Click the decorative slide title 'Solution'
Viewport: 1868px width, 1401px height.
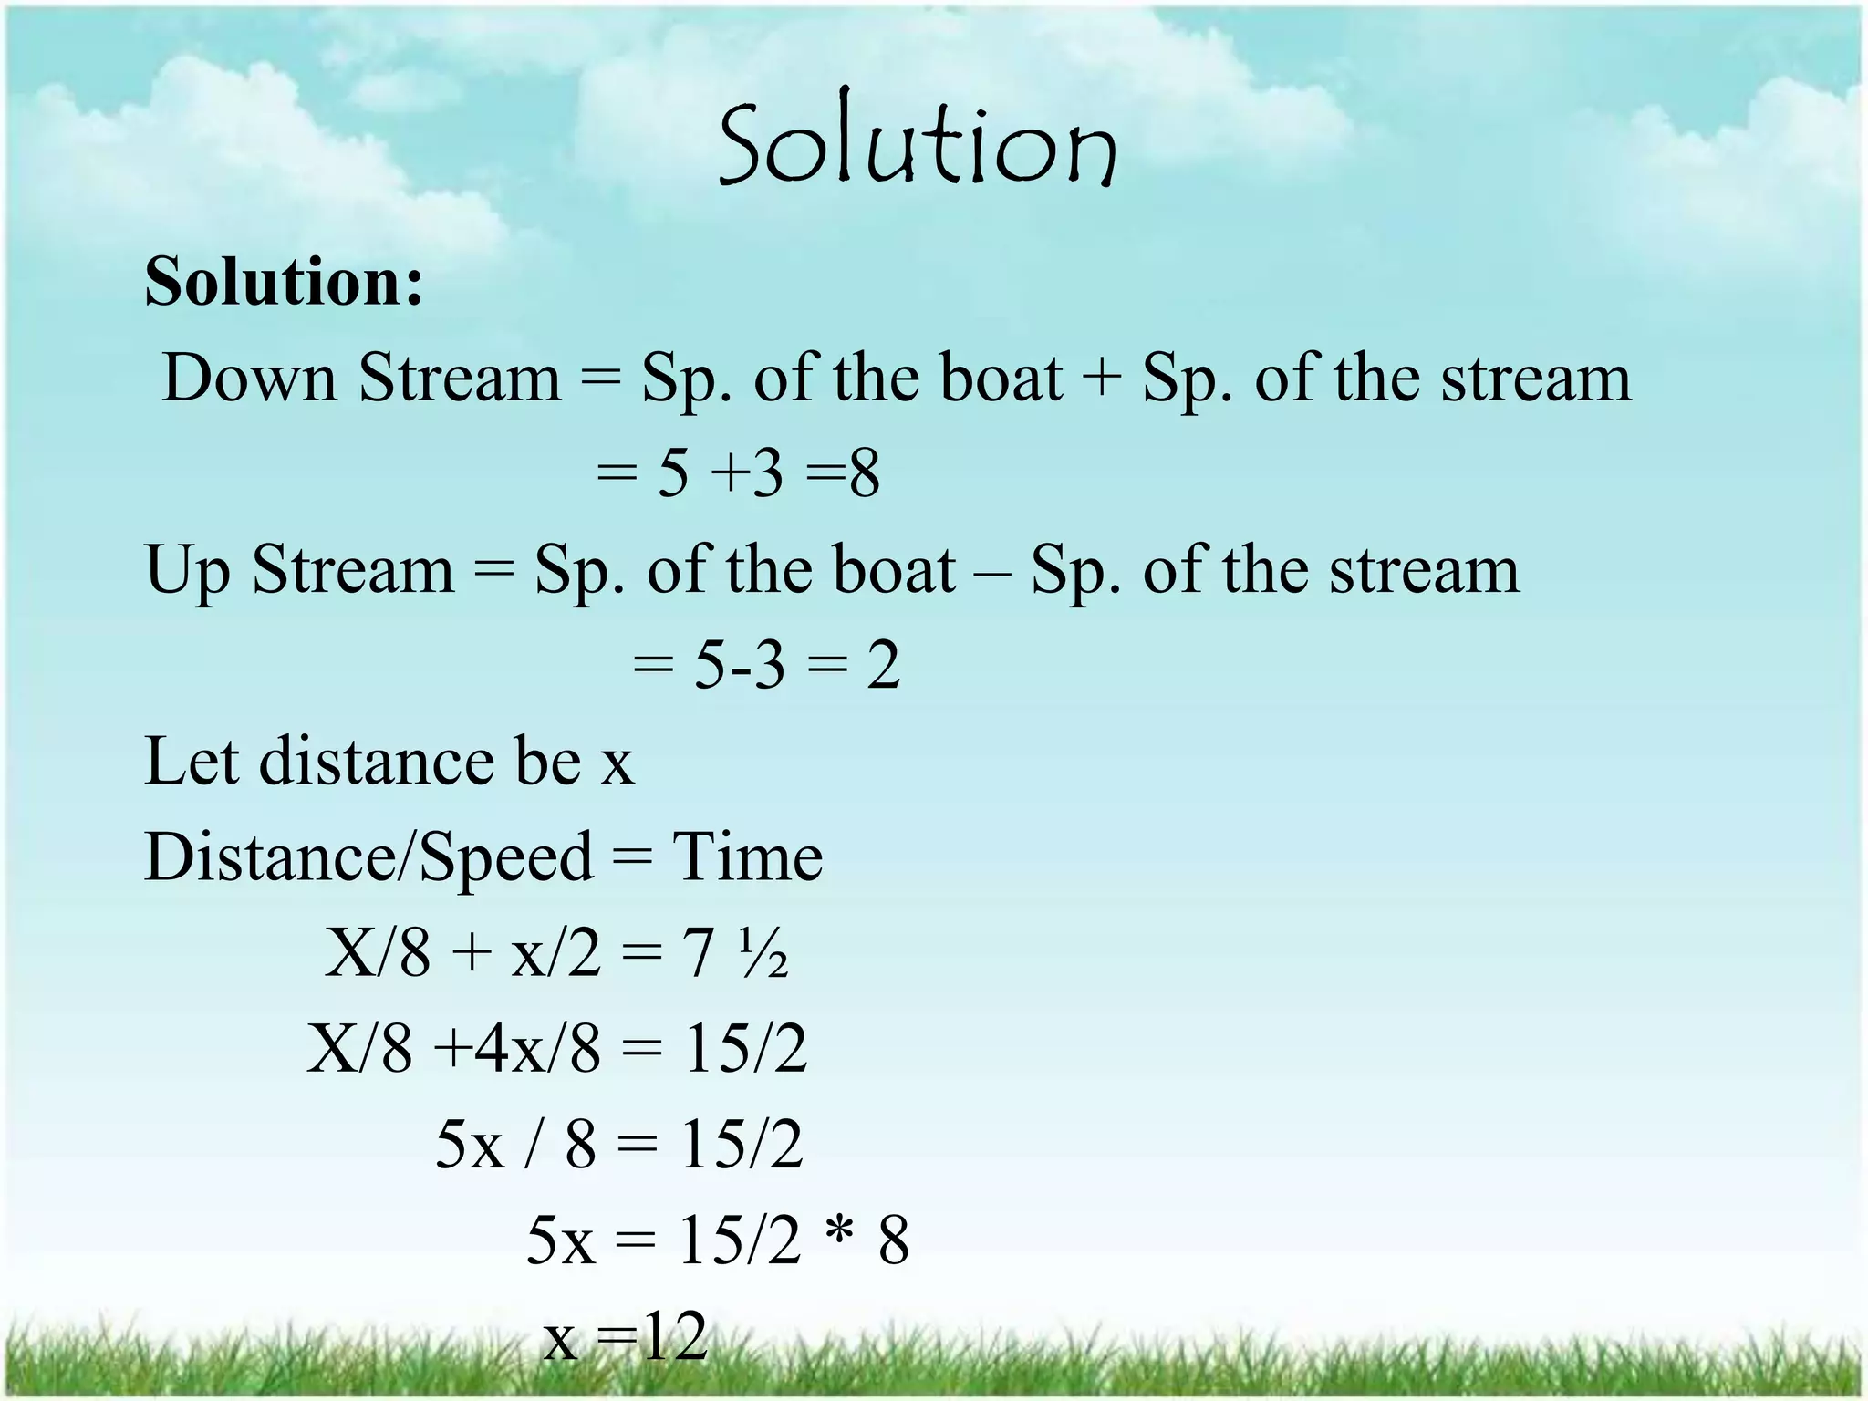[918, 141]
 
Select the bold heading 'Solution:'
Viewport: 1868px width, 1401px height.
[284, 282]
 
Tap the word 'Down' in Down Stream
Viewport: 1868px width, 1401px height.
[249, 378]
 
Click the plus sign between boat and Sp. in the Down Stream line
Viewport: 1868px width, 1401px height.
[1102, 378]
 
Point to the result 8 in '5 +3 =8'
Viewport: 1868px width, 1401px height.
[864, 473]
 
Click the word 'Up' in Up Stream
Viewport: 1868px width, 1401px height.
[187, 571]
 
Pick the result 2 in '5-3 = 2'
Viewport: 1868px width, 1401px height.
[883, 665]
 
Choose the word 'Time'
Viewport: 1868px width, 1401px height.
[748, 856]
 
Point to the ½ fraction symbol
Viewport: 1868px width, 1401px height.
[763, 954]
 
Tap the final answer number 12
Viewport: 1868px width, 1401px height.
[675, 1337]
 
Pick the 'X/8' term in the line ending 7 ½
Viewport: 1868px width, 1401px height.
[377, 954]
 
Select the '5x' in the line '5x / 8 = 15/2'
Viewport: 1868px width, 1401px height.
[469, 1145]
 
